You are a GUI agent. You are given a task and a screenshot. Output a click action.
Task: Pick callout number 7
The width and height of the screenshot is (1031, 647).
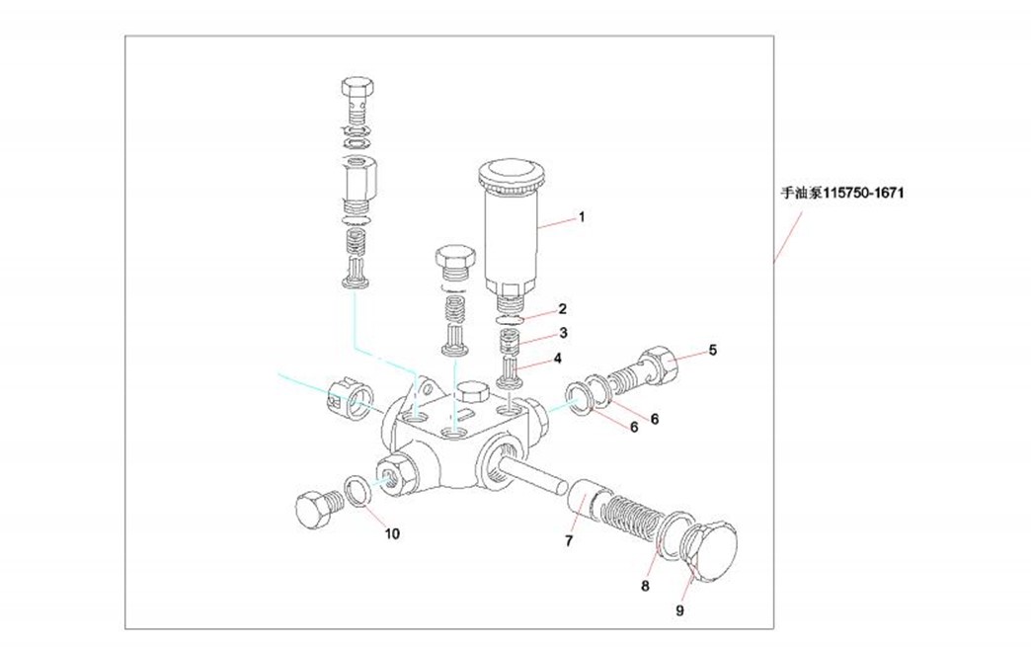pos(569,540)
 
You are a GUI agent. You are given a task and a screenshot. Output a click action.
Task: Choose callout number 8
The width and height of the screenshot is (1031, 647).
pos(645,586)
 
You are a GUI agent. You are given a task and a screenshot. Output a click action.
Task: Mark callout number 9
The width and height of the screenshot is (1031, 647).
pos(679,610)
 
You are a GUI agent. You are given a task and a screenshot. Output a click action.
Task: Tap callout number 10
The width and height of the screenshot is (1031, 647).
pos(392,534)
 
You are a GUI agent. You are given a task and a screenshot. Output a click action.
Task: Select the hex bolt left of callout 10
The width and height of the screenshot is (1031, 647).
pos(316,509)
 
